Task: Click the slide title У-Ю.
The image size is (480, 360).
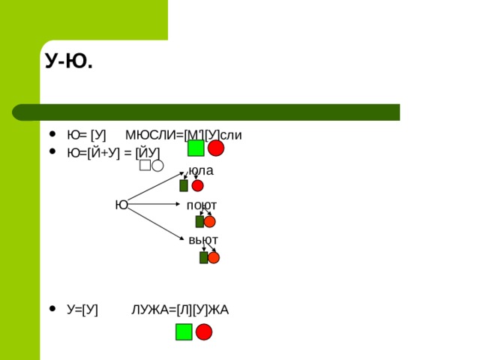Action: (x=69, y=61)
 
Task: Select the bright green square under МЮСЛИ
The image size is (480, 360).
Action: (x=196, y=148)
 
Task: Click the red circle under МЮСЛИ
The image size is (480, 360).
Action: (x=216, y=148)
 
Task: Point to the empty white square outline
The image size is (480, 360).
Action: (x=145, y=165)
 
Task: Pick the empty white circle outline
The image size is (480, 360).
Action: (x=157, y=166)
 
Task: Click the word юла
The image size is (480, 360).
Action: (x=201, y=171)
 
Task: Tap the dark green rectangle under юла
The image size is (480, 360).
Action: (x=184, y=185)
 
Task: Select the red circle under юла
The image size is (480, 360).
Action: (x=197, y=185)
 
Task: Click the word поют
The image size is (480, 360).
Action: (x=202, y=205)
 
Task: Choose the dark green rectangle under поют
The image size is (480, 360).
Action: (x=199, y=222)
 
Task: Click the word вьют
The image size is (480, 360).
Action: (x=203, y=240)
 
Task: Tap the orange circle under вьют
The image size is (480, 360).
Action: (x=214, y=258)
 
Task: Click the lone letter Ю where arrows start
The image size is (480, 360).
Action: (x=121, y=205)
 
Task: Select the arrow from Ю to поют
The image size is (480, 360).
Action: (x=154, y=204)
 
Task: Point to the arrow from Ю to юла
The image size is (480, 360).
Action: (x=155, y=186)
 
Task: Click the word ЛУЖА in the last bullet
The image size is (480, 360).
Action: (x=150, y=310)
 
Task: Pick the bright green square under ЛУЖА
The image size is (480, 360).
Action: (x=184, y=331)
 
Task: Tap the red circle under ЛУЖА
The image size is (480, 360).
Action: (x=204, y=331)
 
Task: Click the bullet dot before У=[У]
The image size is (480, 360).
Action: (x=52, y=308)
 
